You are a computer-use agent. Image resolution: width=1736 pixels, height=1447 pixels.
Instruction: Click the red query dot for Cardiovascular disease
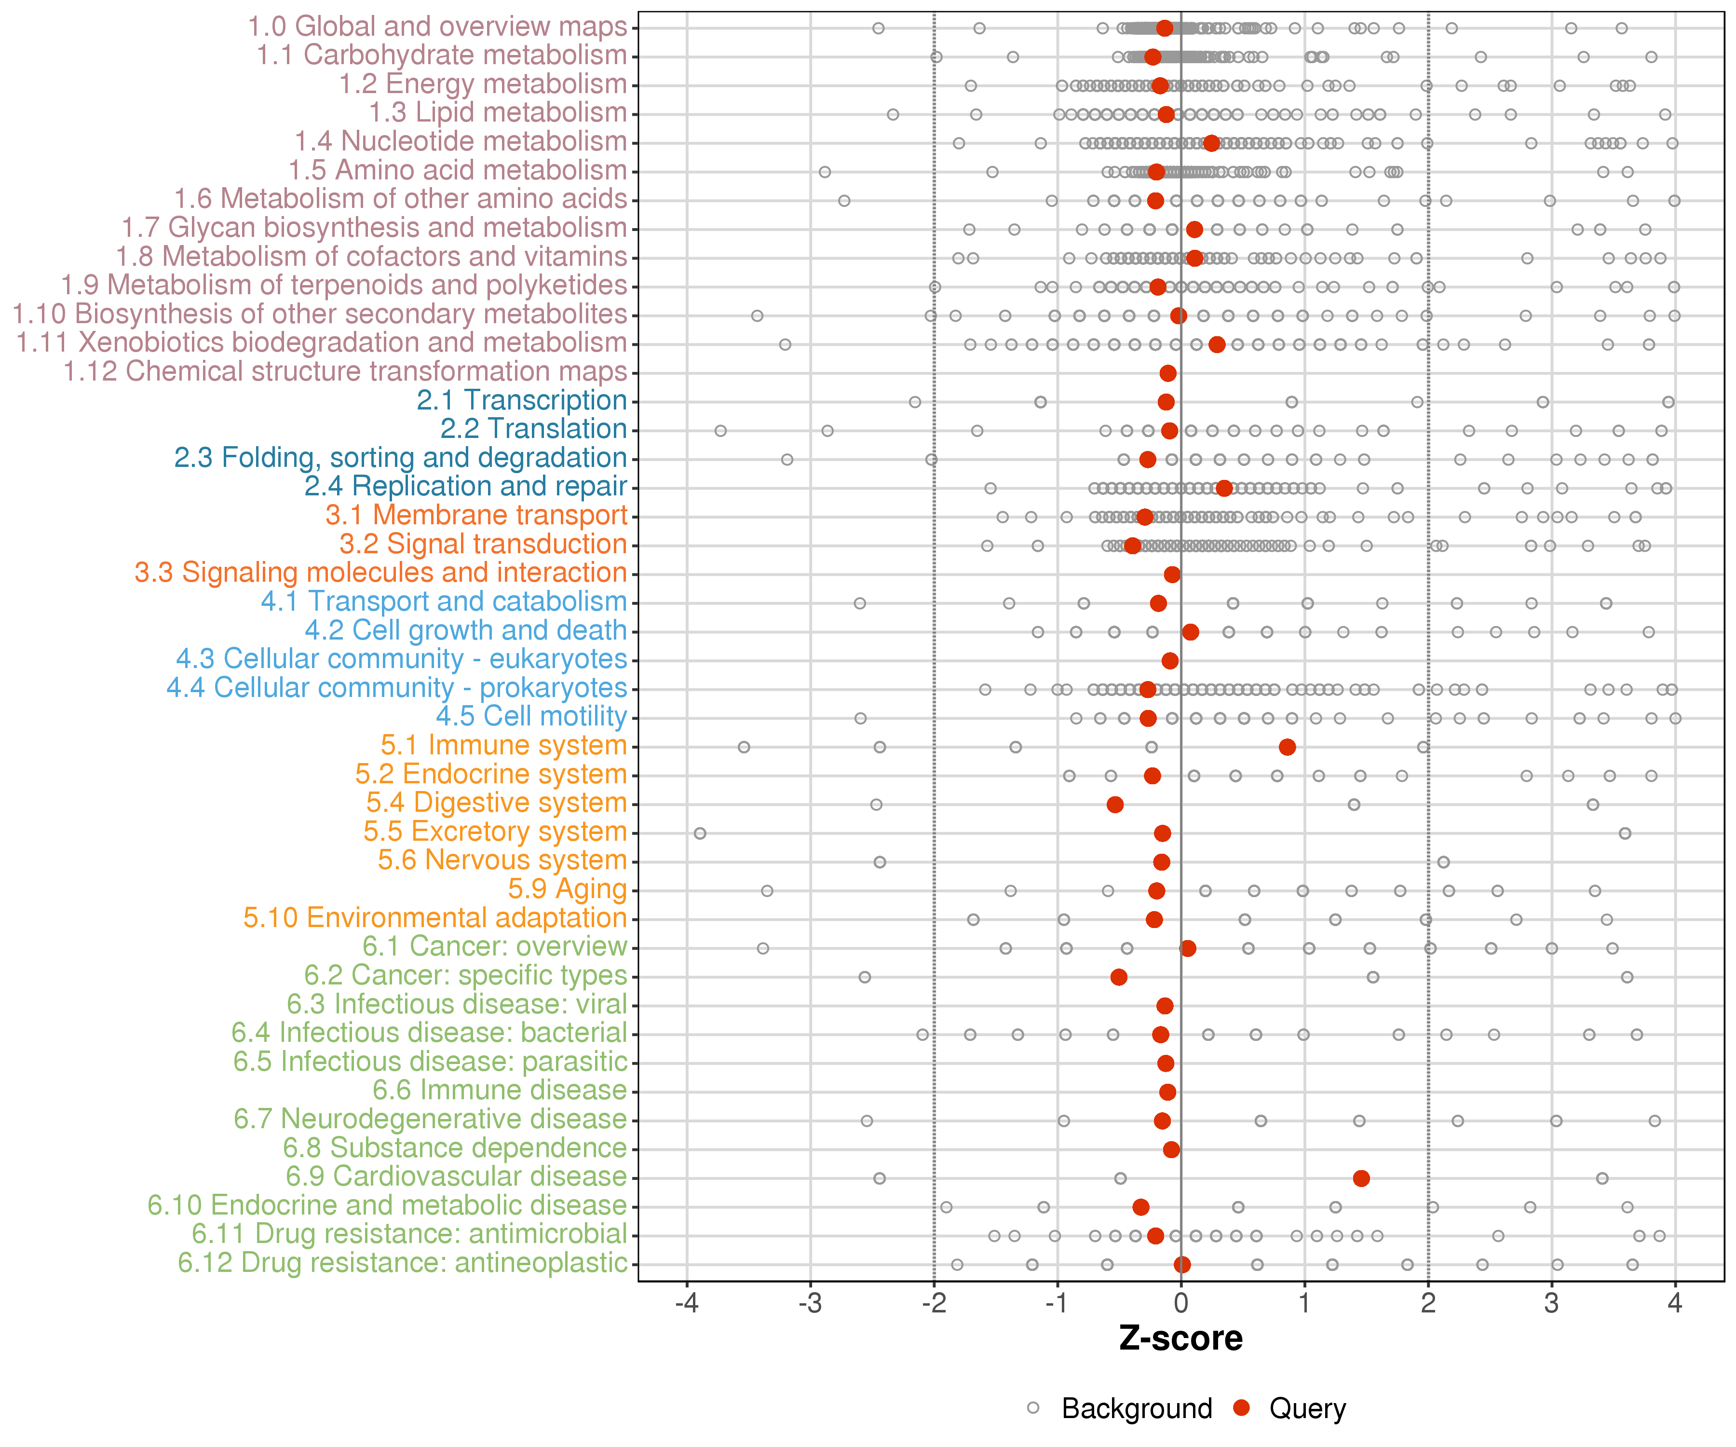click(x=1361, y=1178)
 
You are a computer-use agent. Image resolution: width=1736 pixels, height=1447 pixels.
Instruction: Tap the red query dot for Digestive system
click(x=1115, y=805)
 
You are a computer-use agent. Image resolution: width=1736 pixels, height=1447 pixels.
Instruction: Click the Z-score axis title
click(x=1180, y=1338)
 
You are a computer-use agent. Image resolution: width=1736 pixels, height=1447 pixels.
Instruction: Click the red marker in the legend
click(x=1242, y=1408)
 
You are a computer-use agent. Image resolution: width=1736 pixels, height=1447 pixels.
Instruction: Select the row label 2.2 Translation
click(x=533, y=429)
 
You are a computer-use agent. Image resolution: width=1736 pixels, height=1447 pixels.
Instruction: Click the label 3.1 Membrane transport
click(x=476, y=515)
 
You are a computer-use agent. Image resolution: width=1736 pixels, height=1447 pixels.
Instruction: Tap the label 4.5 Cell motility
click(x=531, y=717)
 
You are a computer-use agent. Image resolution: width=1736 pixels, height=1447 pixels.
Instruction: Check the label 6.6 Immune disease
click(x=499, y=1091)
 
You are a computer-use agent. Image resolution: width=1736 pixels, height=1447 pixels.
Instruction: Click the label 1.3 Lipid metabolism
click(x=498, y=112)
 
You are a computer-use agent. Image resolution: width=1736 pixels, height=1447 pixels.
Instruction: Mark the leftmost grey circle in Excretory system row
click(x=700, y=833)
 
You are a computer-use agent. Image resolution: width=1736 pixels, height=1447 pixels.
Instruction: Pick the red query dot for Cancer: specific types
click(x=1118, y=977)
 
